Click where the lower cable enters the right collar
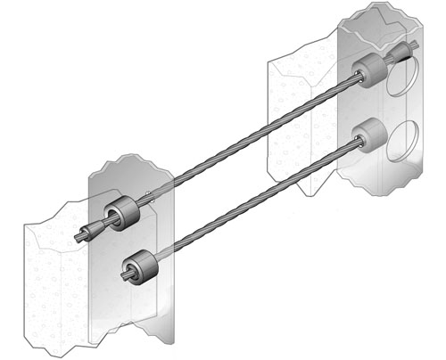click(355, 146)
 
